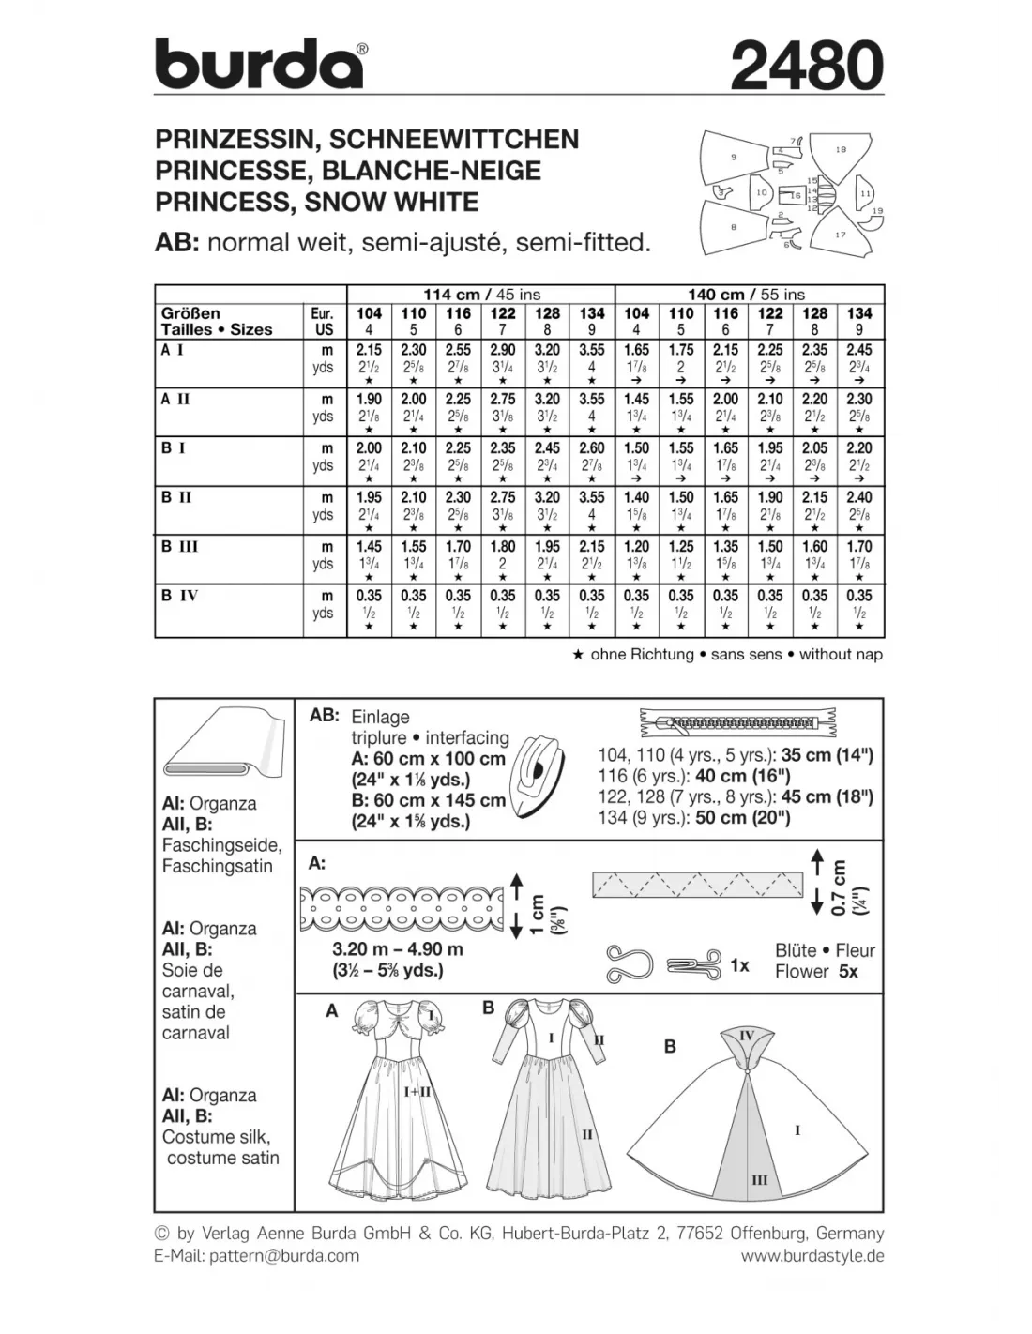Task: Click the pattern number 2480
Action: click(806, 66)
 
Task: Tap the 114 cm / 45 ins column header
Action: click(481, 294)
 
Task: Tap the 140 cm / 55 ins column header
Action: click(750, 294)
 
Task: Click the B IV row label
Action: click(179, 595)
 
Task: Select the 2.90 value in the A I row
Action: click(503, 350)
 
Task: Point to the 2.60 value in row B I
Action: click(592, 448)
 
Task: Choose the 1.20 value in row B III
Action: click(636, 546)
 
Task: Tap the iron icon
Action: click(539, 771)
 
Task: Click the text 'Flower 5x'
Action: click(816, 972)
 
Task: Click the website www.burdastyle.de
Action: click(812, 1255)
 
